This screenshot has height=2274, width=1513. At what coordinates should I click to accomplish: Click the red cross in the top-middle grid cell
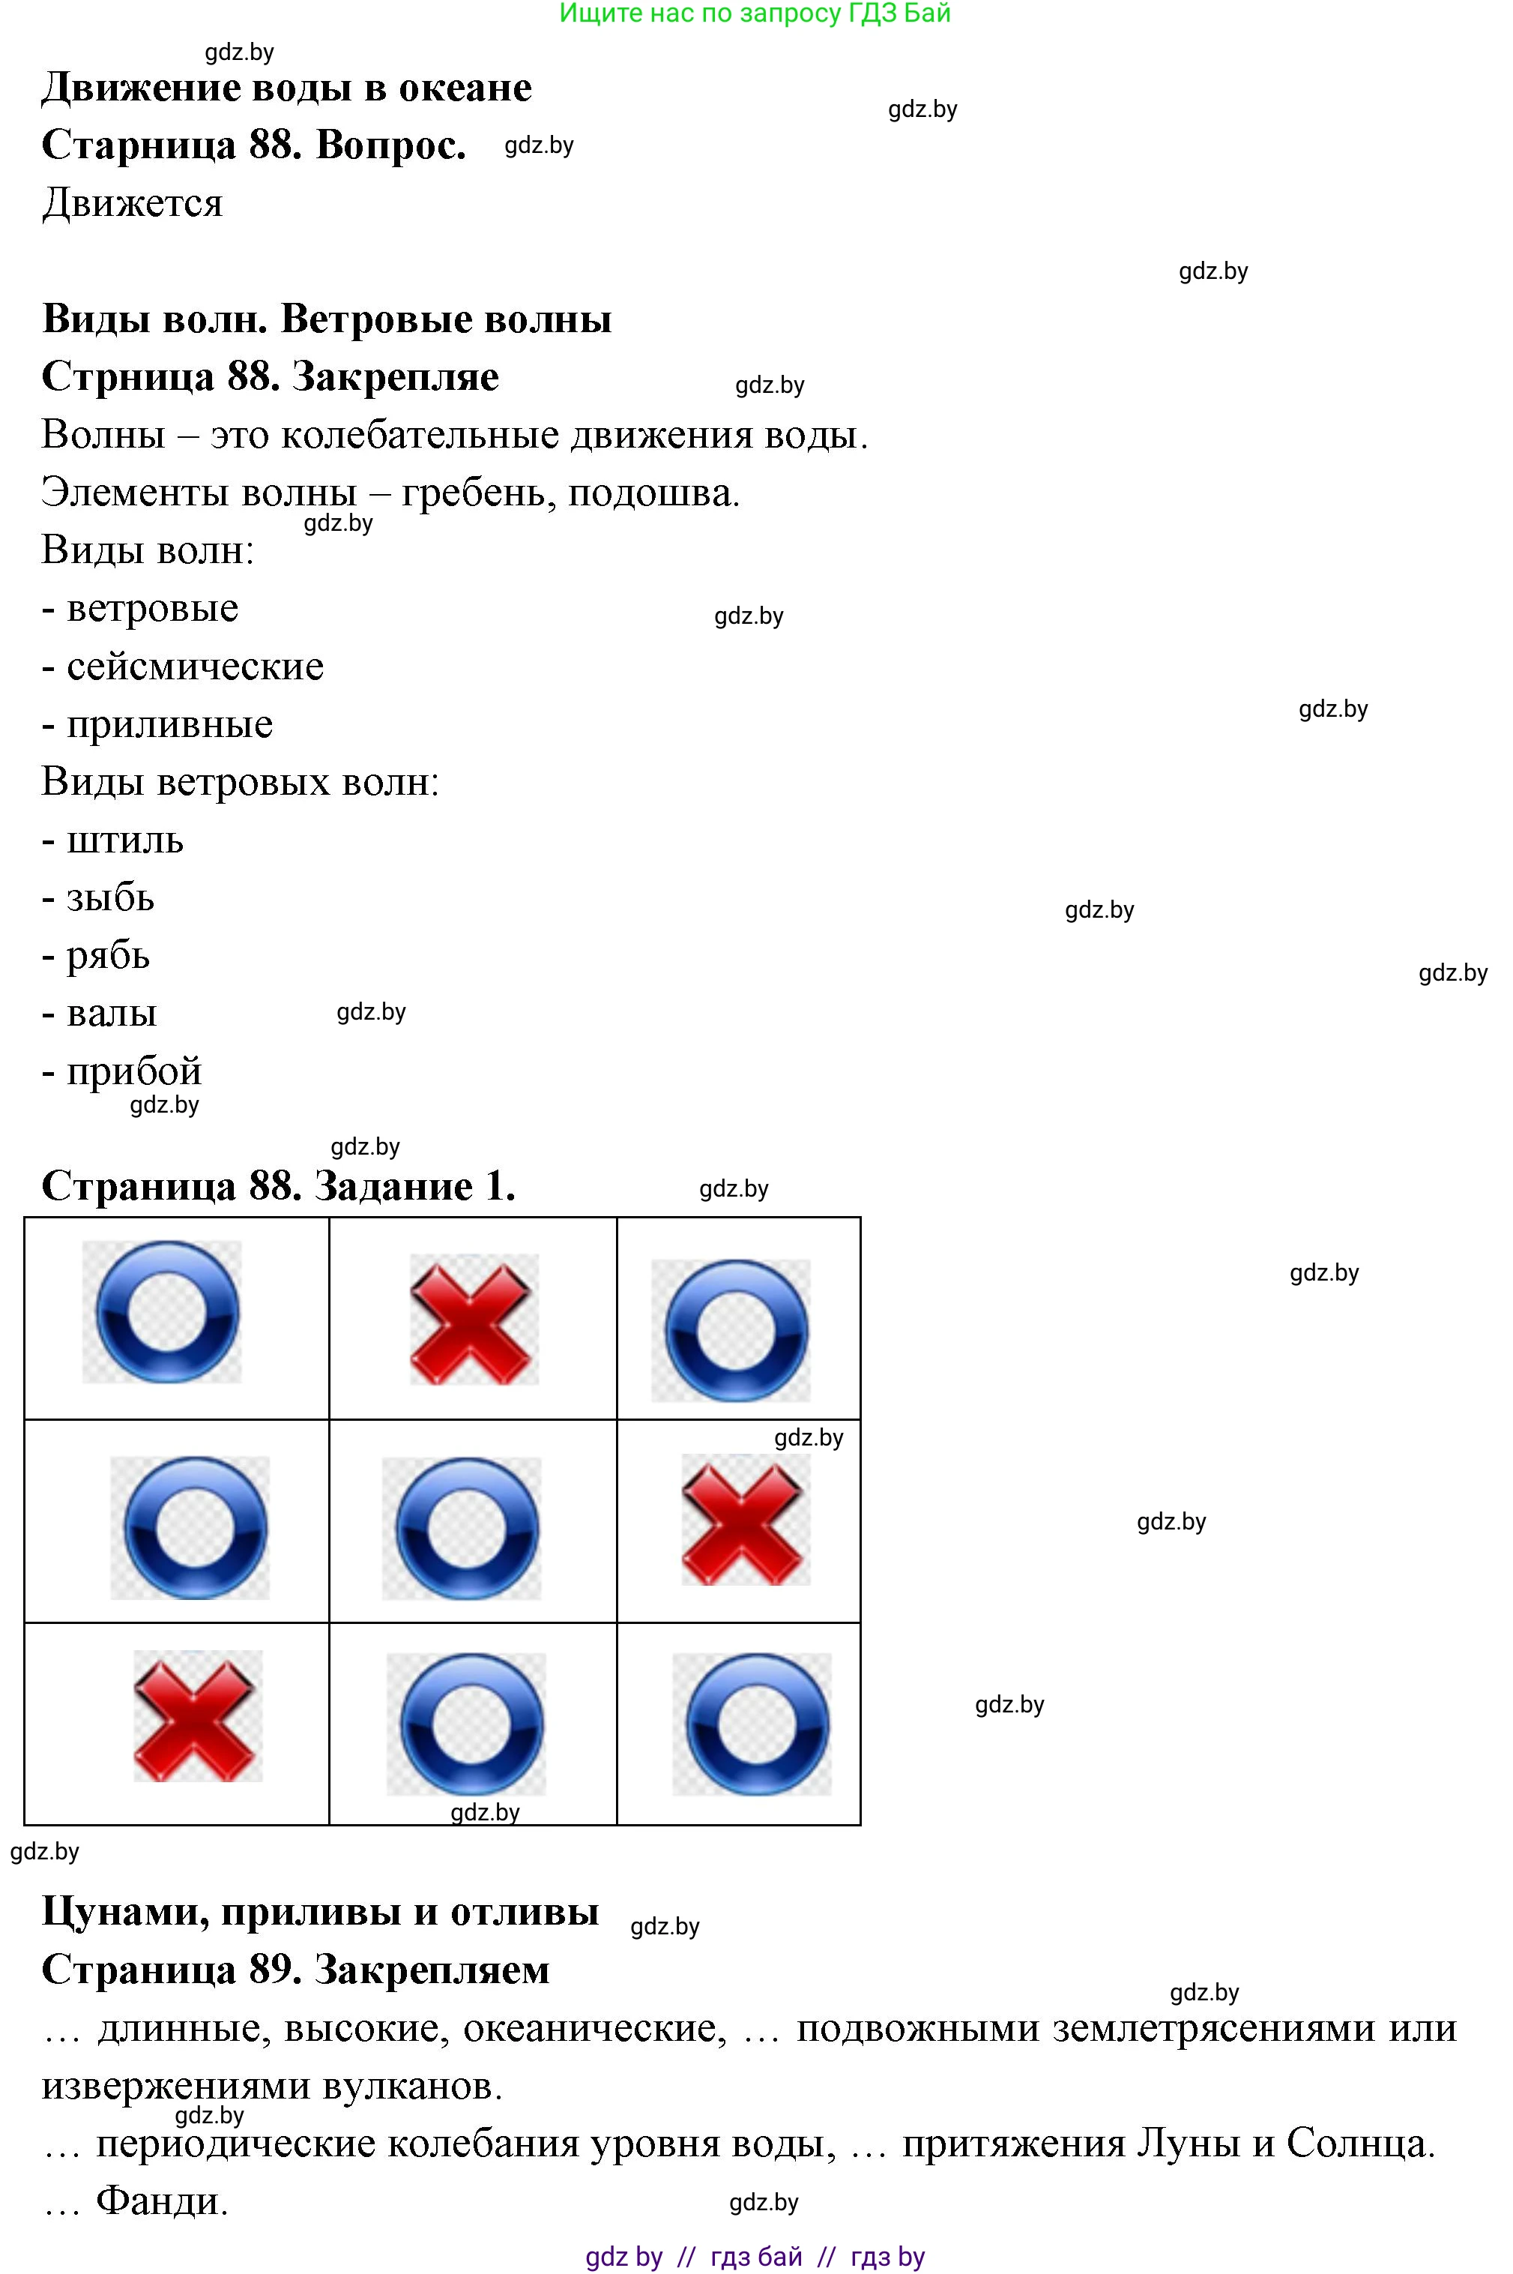click(x=473, y=1319)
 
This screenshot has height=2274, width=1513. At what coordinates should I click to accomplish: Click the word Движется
click(x=132, y=204)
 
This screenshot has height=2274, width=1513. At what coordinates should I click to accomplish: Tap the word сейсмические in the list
click(x=195, y=667)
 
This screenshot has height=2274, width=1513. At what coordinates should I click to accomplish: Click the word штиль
click(x=124, y=840)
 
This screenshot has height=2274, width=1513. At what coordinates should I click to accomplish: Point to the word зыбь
click(x=110, y=899)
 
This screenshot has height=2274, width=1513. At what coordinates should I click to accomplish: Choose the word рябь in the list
click(x=108, y=957)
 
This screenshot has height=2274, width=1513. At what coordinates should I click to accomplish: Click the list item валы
click(x=111, y=1014)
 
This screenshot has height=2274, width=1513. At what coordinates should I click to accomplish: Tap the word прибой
click(x=134, y=1072)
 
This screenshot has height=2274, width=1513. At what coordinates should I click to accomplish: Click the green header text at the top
click(x=755, y=13)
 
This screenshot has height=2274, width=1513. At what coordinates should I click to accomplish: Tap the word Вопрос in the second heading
click(x=390, y=145)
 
